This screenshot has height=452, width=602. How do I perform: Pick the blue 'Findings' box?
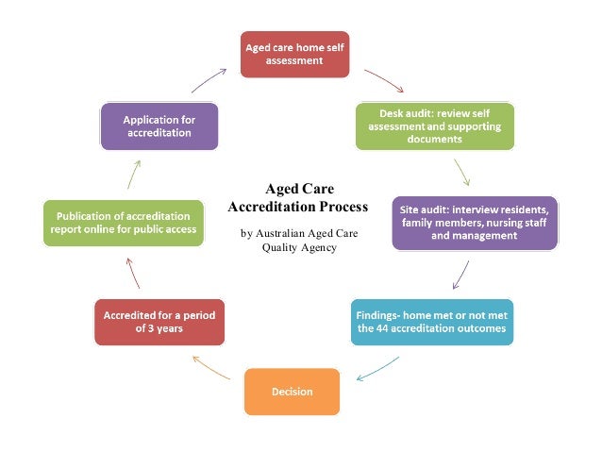[432, 321]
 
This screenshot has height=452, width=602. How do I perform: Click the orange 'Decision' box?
[291, 391]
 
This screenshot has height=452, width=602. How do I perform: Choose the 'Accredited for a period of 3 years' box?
[156, 321]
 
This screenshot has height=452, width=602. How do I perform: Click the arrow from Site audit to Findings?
[461, 273]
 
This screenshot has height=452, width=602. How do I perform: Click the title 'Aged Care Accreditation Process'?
[299, 197]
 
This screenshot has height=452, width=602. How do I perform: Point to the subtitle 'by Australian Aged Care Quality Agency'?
[299, 240]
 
